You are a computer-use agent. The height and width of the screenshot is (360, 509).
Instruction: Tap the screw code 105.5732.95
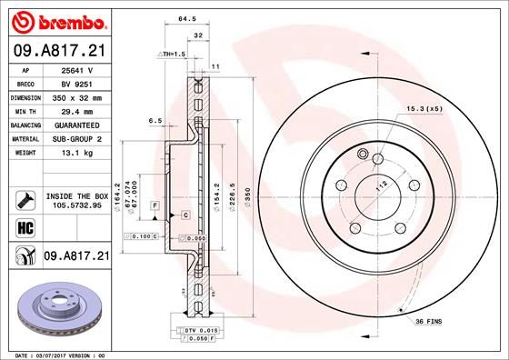click(x=77, y=206)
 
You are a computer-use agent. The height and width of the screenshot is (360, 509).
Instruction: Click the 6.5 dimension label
click(x=155, y=120)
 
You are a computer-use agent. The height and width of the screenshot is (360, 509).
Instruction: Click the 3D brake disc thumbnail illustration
click(x=56, y=305)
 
